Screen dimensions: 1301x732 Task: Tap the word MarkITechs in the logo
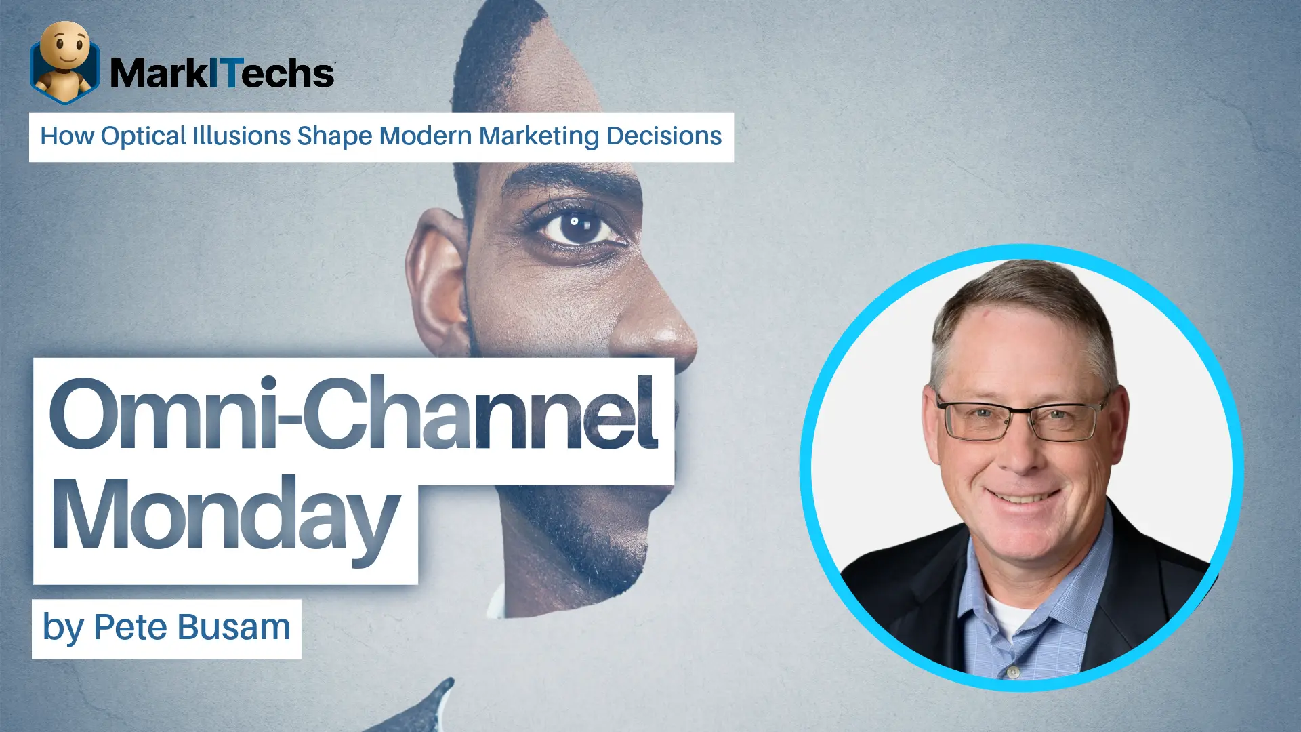[222, 73]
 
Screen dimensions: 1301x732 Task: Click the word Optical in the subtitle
[143, 137]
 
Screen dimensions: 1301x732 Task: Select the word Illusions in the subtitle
[242, 136]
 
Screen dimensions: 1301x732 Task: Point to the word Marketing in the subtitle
[539, 137]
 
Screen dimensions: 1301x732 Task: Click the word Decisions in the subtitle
[664, 136]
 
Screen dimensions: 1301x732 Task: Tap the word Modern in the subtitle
[426, 136]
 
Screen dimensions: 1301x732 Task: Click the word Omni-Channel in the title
[353, 413]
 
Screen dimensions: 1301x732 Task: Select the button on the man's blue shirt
[1013, 672]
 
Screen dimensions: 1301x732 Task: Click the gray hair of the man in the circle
[1023, 305]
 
